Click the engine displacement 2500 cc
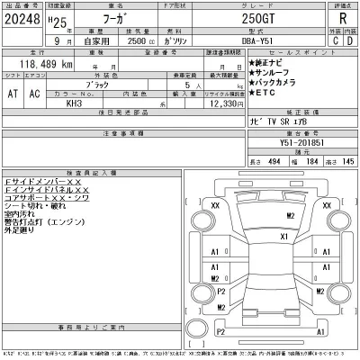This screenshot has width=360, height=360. tap(126, 40)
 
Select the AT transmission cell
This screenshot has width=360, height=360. tap(13, 93)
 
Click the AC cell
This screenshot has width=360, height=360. tap(35, 93)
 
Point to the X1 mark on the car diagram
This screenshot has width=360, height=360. tap(283, 236)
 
